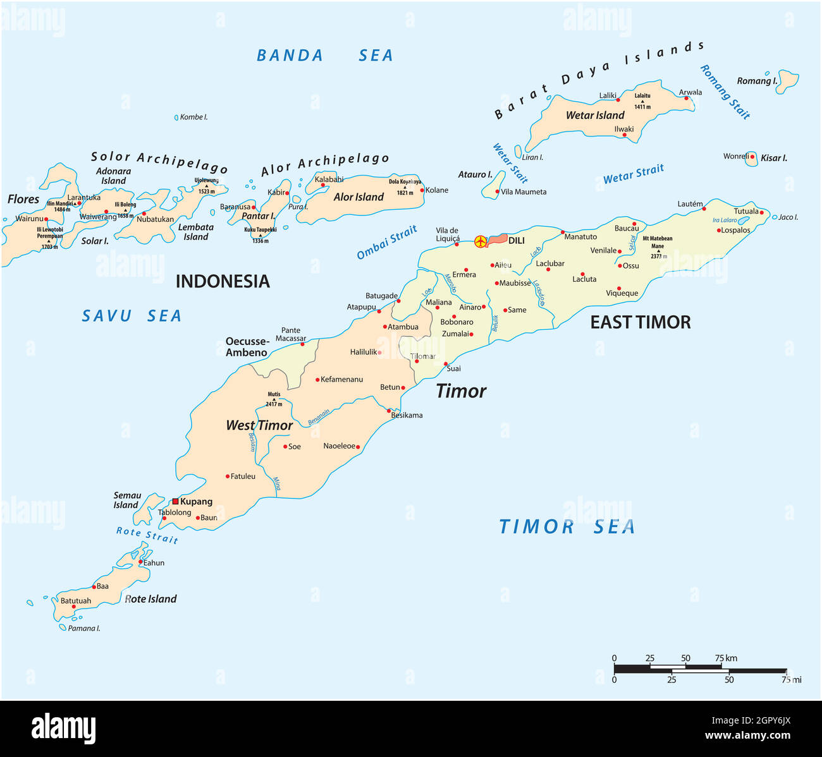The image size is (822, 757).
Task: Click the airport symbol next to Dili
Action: pyautogui.click(x=481, y=241)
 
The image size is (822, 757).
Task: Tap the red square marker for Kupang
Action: pyautogui.click(x=175, y=501)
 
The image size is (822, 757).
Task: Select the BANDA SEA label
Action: pyautogui.click(x=324, y=56)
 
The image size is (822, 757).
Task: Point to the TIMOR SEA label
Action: pyautogui.click(x=567, y=526)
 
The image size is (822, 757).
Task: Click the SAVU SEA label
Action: pyautogui.click(x=132, y=316)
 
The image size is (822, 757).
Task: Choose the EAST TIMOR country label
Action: pyautogui.click(x=640, y=322)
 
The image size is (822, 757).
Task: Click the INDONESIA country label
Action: pyautogui.click(x=223, y=281)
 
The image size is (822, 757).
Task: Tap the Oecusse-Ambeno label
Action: pyautogui.click(x=247, y=347)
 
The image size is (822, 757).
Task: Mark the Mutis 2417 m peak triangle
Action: pyautogui.click(x=274, y=399)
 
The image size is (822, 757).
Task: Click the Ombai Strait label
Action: pyautogui.click(x=386, y=243)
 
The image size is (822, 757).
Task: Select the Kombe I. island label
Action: pyautogui.click(x=193, y=117)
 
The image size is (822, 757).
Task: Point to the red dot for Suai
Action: pyautogui.click(x=445, y=363)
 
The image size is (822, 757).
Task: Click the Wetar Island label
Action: pyautogui.click(x=594, y=115)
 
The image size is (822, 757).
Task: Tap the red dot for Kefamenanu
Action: pyautogui.click(x=317, y=380)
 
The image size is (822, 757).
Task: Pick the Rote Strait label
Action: pyautogui.click(x=147, y=535)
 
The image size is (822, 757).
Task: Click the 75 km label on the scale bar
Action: pyautogui.click(x=726, y=658)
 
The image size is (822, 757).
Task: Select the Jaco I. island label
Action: pyautogui.click(x=788, y=217)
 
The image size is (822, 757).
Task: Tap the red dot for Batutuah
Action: pyautogui.click(x=74, y=607)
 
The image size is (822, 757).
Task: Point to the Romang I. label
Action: pyautogui.click(x=757, y=81)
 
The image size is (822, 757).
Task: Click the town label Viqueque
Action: pyautogui.click(x=622, y=293)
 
